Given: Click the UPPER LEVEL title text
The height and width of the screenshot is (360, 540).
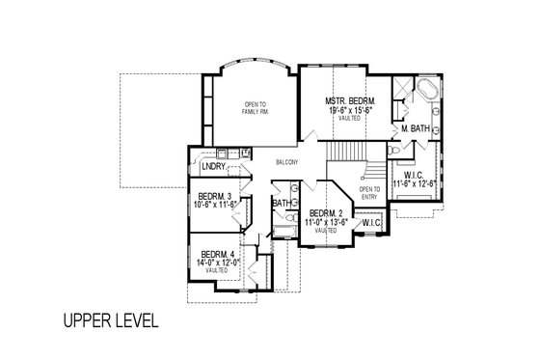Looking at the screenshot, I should (110, 318).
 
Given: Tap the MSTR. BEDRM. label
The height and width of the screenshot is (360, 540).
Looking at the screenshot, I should (350, 101).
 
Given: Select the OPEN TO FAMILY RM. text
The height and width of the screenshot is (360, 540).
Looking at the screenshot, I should (255, 108).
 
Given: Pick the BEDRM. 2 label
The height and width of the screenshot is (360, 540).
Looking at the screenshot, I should (326, 214).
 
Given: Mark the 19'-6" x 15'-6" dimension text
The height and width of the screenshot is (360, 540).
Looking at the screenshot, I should (350, 111).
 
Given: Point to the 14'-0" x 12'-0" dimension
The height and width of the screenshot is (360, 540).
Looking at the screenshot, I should (216, 263).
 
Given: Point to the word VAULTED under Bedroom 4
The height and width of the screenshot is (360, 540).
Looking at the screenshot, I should (216, 270).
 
